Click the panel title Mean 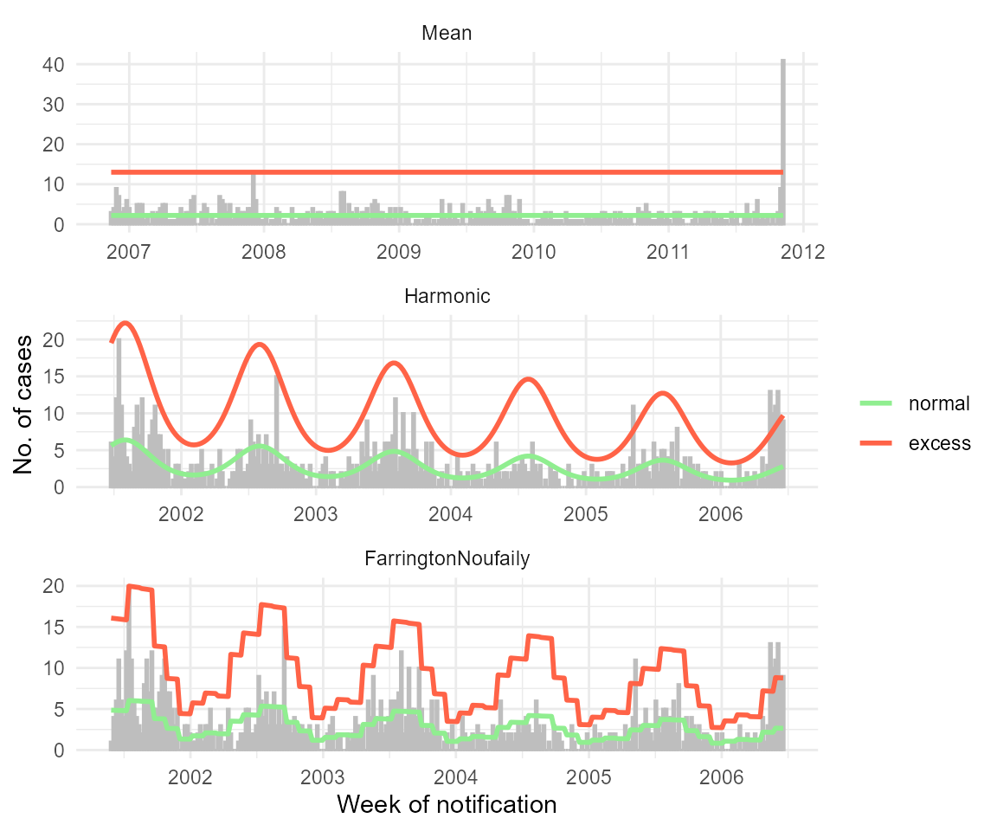point(447,34)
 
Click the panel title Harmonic point(447,296)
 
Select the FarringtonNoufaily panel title point(447,559)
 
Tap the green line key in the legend point(876,403)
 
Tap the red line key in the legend point(876,442)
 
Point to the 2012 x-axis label point(802,252)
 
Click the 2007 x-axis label point(129,252)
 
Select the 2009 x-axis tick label point(398,252)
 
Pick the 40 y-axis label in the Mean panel point(54,64)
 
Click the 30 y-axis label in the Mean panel point(54,104)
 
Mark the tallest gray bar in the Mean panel point(783,138)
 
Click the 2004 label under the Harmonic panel point(450,514)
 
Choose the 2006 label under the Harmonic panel point(720,514)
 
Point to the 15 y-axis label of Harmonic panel point(54,377)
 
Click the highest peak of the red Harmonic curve point(125,324)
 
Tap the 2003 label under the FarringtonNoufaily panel point(322,776)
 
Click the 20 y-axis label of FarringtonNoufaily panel point(54,586)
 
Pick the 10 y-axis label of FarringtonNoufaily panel point(54,668)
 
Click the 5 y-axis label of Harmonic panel point(59,451)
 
